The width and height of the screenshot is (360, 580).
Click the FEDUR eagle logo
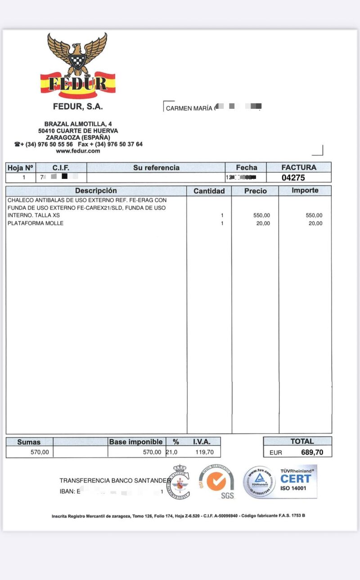tap(78, 65)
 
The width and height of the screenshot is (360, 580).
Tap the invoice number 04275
tap(293, 178)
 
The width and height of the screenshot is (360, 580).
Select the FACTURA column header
tap(299, 167)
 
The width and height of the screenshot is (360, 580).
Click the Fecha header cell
tap(246, 168)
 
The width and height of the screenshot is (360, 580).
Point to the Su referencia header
tap(156, 168)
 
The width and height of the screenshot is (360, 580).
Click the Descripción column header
tap(96, 191)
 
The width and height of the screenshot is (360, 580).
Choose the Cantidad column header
tap(209, 191)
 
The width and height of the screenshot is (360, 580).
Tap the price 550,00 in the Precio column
tap(261, 215)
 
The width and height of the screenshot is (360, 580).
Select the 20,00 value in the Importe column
tap(315, 223)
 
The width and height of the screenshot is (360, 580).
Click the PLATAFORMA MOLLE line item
tap(36, 223)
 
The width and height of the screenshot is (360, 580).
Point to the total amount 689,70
tap(312, 452)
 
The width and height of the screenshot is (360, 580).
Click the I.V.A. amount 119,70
tap(204, 452)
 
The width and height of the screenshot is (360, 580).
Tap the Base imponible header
tap(137, 442)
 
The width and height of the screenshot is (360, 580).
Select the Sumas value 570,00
tap(40, 452)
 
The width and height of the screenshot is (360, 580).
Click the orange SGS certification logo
tap(218, 482)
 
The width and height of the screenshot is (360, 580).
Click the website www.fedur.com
tap(78, 151)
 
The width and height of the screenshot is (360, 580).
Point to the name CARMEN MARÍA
tap(189, 108)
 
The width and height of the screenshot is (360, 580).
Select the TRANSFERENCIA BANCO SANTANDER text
tap(115, 481)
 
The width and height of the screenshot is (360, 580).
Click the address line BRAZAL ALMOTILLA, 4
tap(78, 124)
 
